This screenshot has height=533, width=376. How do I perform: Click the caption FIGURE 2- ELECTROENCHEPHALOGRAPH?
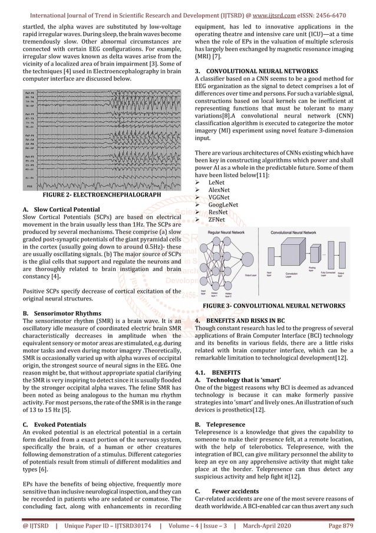98,194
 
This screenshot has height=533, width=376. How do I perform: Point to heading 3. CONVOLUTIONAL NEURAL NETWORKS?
253,71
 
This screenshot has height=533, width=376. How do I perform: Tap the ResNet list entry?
217,218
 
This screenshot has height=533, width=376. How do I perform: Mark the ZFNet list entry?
216,227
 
